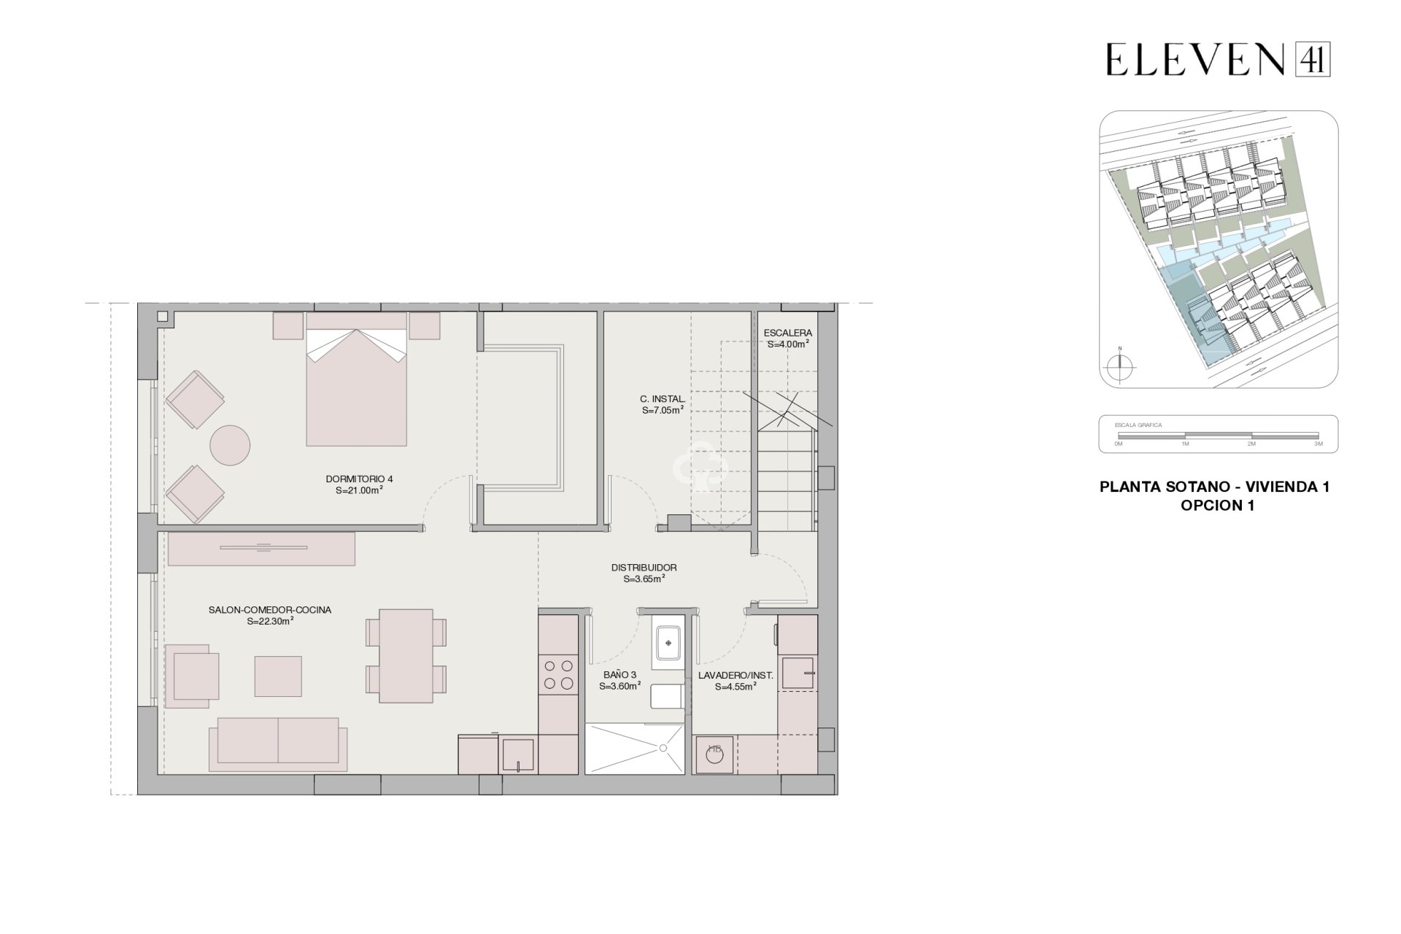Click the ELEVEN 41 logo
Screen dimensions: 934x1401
tap(1217, 59)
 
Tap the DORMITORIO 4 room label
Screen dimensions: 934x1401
tap(359, 479)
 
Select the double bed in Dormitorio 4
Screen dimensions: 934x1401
tap(356, 387)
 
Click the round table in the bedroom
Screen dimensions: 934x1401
tap(230, 445)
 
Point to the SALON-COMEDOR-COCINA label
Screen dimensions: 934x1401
tap(269, 610)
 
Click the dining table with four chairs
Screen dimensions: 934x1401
tap(406, 655)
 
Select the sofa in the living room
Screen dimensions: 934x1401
tap(277, 743)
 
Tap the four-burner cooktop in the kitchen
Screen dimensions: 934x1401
tap(558, 674)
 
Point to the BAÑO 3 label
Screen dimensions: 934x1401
tap(620, 675)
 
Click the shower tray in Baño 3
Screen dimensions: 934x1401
tap(635, 748)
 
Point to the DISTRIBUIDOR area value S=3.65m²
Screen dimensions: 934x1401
tap(644, 579)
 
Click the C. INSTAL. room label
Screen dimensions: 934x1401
tap(662, 399)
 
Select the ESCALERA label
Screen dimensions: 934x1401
tap(787, 333)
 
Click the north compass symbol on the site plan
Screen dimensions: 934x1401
tap(1119, 366)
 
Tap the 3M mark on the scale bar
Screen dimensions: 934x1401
tap(1318, 444)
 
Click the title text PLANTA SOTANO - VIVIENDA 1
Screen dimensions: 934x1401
tap(1214, 487)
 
